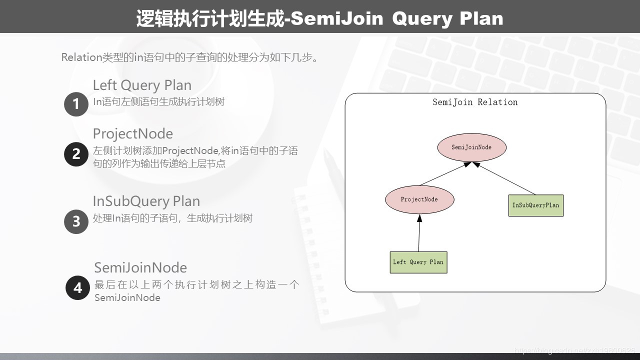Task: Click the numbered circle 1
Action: click(x=76, y=104)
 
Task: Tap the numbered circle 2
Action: click(x=76, y=154)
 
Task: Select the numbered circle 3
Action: click(x=76, y=221)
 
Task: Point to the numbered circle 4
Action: click(x=77, y=287)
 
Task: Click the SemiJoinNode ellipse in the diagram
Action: click(x=471, y=147)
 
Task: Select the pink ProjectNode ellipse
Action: click(x=419, y=199)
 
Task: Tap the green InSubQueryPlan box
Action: click(x=535, y=205)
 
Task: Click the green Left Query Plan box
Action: click(x=418, y=262)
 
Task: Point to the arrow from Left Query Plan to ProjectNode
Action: click(x=419, y=233)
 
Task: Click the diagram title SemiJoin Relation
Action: click(x=475, y=102)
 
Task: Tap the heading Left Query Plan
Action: click(x=142, y=85)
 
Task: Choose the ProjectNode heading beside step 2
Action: click(x=133, y=133)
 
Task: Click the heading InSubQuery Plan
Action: click(x=146, y=201)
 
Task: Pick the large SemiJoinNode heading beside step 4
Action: click(x=140, y=267)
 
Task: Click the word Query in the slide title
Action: click(x=422, y=19)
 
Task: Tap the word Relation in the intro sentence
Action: click(x=81, y=57)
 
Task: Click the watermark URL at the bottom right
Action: click(x=574, y=350)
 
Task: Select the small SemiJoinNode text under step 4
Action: click(x=127, y=297)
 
